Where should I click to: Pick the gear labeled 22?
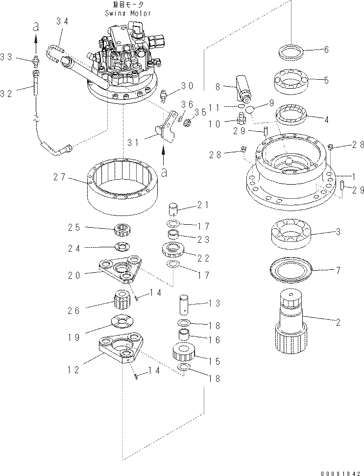(172, 252)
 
